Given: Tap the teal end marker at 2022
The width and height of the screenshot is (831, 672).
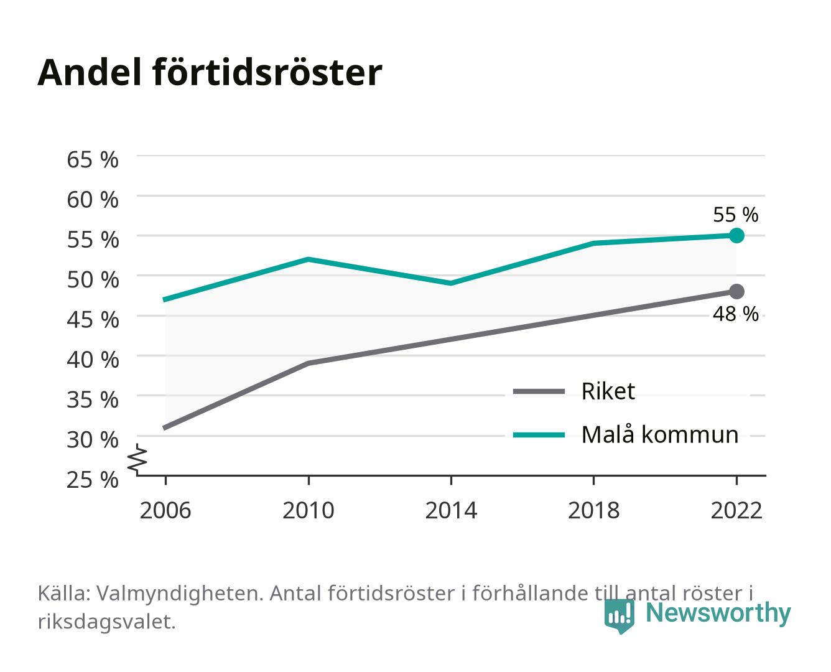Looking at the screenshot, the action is pos(736,235).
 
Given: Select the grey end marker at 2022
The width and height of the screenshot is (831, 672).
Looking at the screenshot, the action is pos(736,291).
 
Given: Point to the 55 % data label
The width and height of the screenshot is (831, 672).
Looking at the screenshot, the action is pos(735,215).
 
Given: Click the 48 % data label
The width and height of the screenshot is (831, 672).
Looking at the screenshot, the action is pos(735,314).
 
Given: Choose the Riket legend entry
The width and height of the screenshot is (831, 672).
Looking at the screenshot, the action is pos(573,391).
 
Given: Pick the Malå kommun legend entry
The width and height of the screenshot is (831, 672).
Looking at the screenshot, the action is pos(625,434).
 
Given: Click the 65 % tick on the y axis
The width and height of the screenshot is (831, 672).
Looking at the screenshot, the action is pos(93,160).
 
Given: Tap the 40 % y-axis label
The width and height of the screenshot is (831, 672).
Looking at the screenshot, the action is pos(93,360).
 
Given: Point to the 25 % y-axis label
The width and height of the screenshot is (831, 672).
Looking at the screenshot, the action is pos(93,480).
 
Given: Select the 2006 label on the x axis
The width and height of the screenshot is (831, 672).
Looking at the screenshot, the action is pos(165,510).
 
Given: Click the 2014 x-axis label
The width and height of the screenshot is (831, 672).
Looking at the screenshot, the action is pos(451,510).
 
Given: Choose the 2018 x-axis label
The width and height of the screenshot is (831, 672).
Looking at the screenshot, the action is pos(593,510).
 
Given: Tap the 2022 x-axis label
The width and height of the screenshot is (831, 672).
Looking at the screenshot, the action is pos(736,510).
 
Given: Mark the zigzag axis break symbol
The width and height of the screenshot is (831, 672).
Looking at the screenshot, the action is pos(137,459).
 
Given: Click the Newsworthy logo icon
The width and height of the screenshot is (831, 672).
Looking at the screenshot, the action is pos(619,616).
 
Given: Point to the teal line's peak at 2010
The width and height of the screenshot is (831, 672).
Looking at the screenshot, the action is pos(309,259).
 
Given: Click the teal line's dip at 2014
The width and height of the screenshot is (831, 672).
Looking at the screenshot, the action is pos(451,283).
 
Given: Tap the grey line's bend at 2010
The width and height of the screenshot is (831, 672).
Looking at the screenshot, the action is pos(309,363).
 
